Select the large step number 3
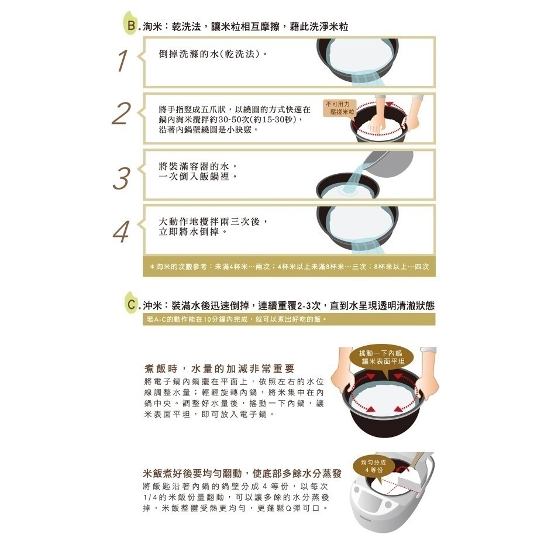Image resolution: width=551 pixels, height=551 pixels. [x=122, y=178]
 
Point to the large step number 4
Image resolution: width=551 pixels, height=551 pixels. [x=122, y=232]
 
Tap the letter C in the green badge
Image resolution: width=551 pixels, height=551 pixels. [x=132, y=304]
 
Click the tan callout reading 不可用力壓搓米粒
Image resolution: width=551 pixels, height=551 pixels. [x=339, y=108]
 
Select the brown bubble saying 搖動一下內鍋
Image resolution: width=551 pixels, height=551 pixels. [x=381, y=357]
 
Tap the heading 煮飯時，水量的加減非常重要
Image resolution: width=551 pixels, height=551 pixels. [x=219, y=369]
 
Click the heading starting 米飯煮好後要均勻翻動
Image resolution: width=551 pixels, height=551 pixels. [x=242, y=473]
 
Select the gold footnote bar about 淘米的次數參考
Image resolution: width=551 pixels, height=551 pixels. [x=289, y=267]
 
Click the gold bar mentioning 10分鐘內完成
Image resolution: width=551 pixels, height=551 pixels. [x=289, y=319]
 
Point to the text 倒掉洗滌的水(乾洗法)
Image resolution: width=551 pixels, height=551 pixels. [x=212, y=54]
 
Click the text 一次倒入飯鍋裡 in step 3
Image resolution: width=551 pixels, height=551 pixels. [x=198, y=177]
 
